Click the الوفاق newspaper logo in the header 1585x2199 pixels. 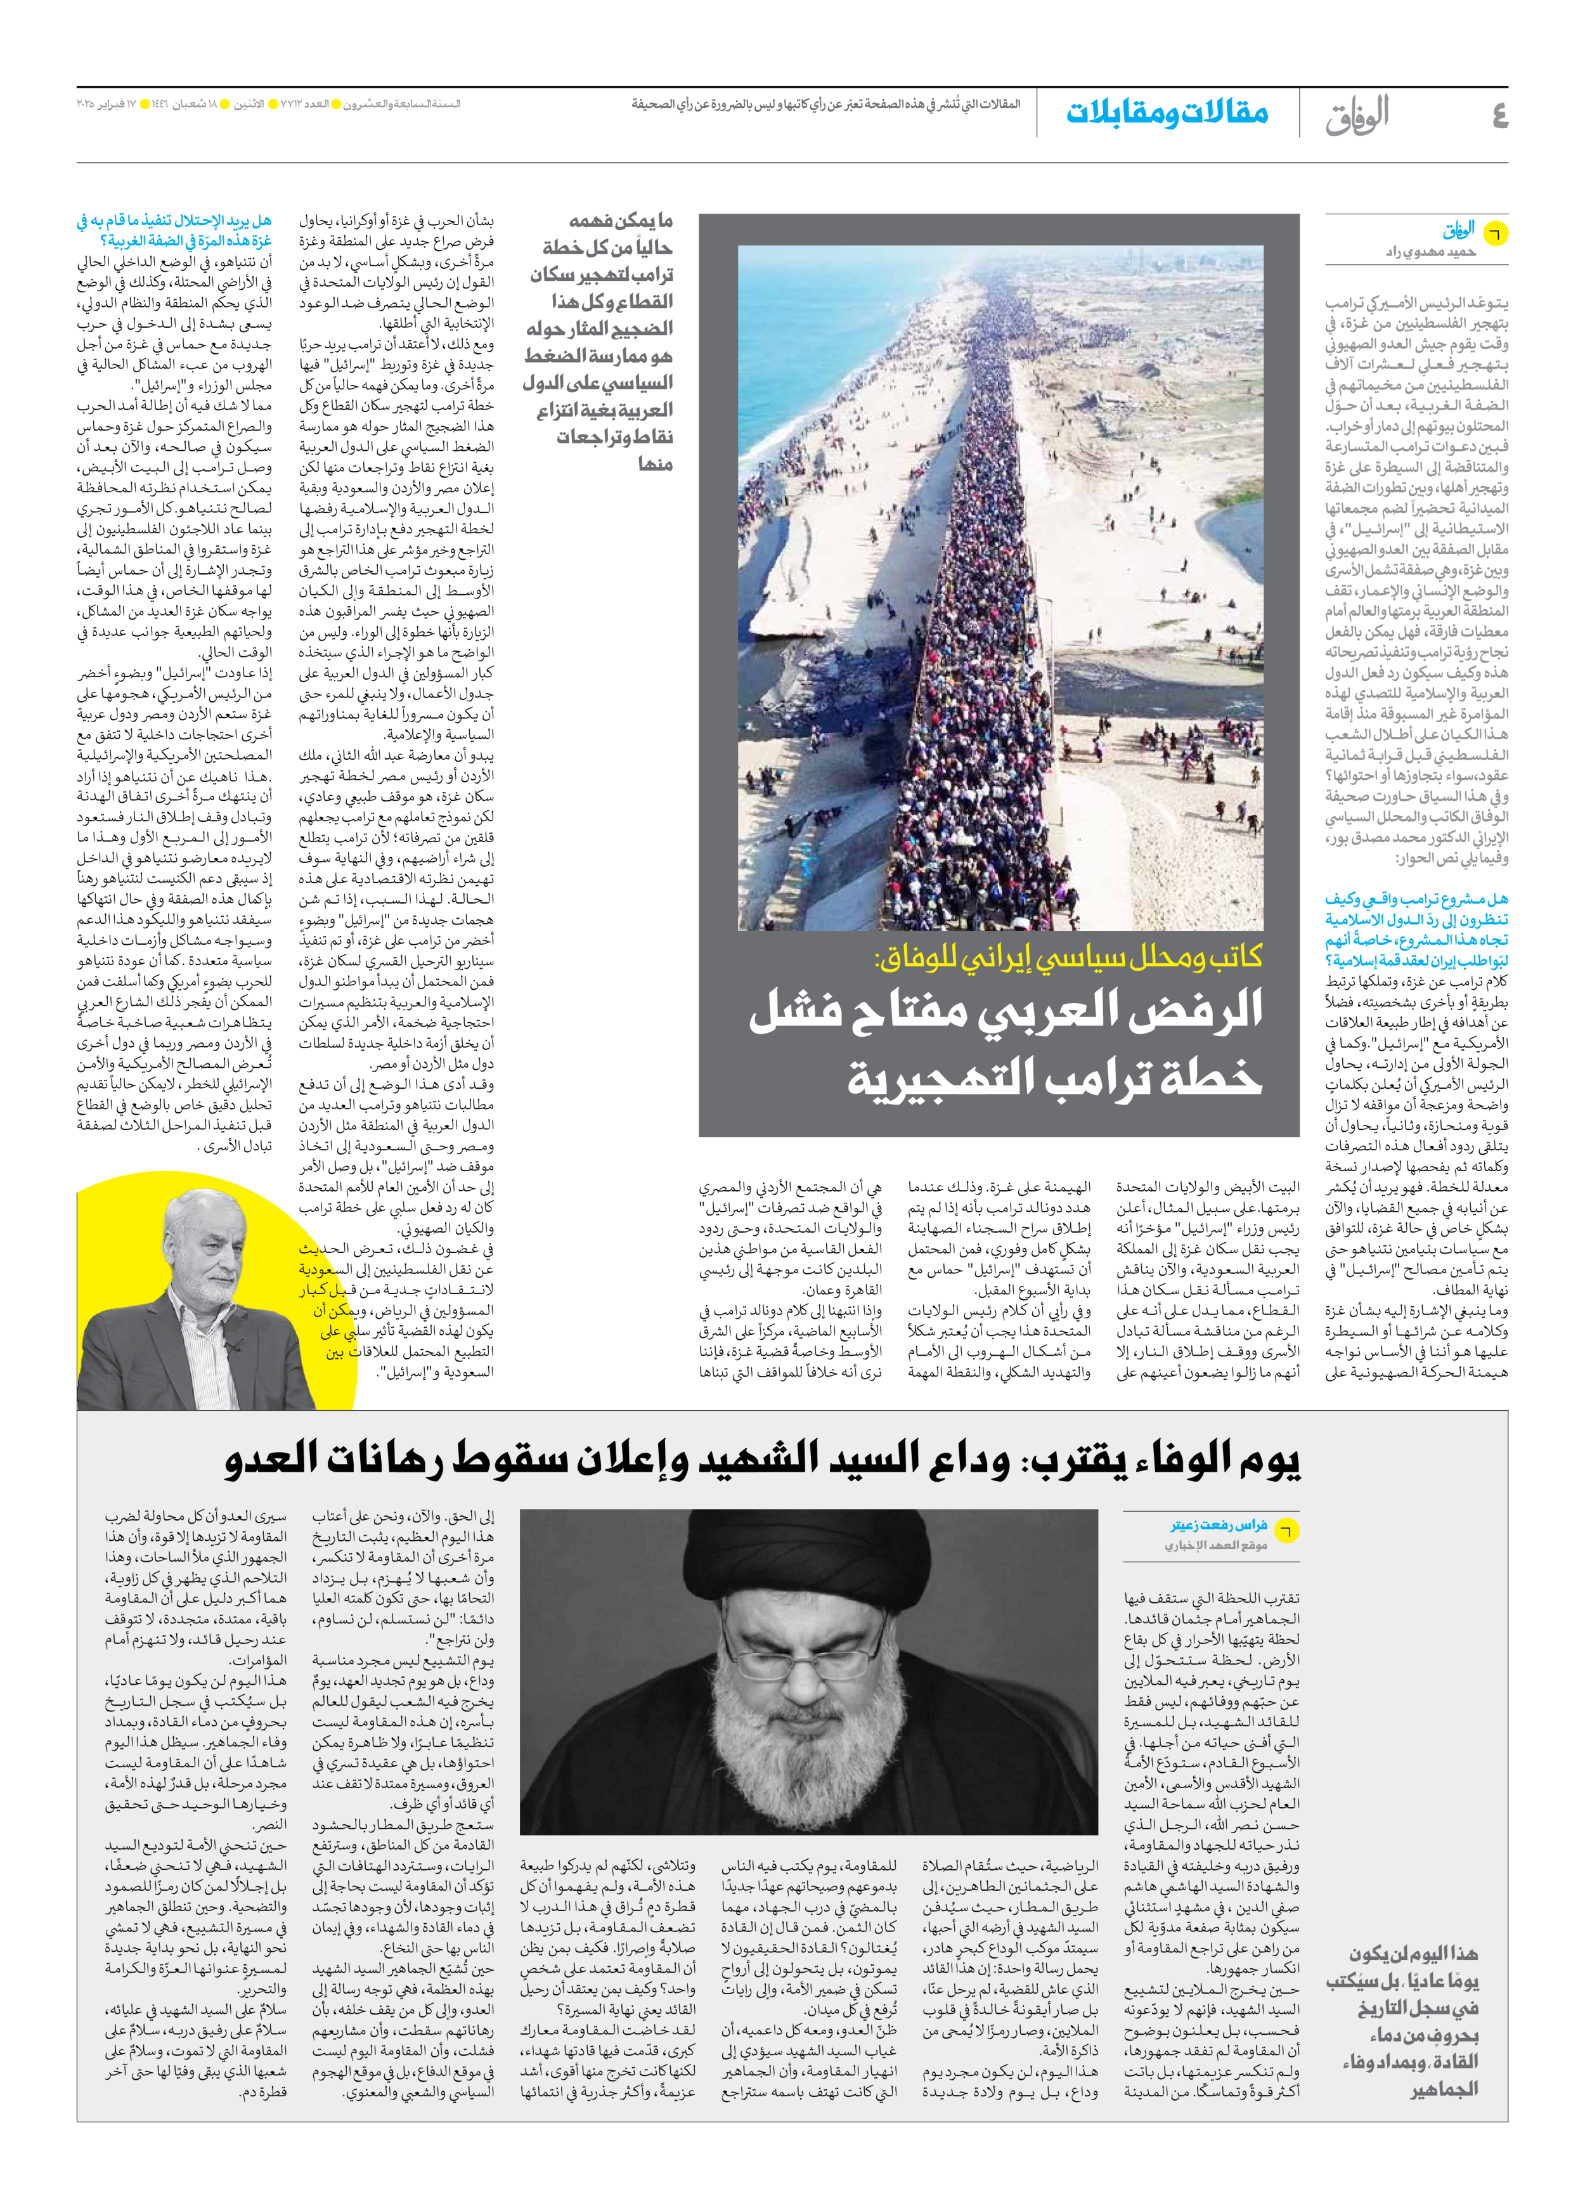[1357, 115]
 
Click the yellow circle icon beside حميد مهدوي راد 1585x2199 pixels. [1496, 233]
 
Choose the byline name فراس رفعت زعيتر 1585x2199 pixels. [1219, 1525]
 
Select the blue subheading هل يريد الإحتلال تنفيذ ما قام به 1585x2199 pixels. [174, 221]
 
